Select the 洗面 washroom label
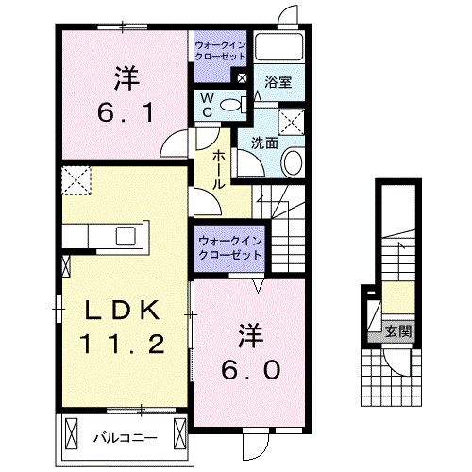pos(264,143)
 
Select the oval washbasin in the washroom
pos(293,162)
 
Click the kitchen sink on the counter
pos(126,236)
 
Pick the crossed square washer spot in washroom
pos(292,120)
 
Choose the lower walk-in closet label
pos(229,248)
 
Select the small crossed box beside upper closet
pos(243,79)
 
